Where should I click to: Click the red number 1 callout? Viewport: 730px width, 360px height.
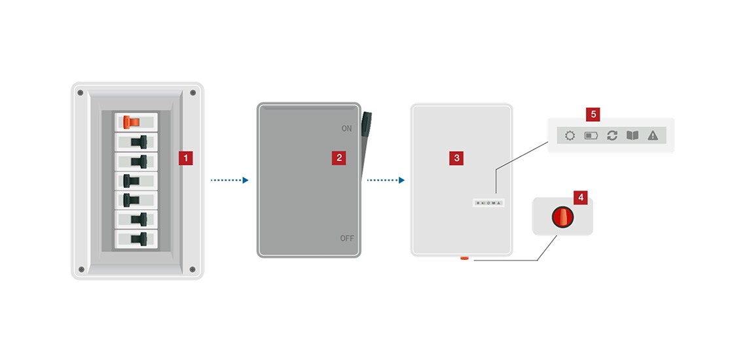(186, 158)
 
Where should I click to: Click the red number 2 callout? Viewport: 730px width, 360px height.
(338, 157)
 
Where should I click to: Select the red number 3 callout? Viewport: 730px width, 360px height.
(456, 157)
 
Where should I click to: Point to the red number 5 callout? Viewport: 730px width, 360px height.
(593, 115)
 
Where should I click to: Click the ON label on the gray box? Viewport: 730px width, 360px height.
(346, 129)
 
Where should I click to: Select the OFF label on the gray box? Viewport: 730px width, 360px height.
(346, 238)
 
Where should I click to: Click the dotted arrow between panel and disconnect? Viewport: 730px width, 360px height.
(229, 180)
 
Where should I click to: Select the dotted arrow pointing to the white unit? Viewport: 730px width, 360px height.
(386, 180)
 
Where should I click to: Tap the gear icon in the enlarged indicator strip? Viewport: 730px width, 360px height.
(570, 136)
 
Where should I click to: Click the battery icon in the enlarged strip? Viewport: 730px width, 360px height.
(591, 136)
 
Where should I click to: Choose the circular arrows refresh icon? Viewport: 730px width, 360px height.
(612, 136)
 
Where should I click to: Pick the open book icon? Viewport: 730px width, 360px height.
(632, 136)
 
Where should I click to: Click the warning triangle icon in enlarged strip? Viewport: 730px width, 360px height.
(653, 136)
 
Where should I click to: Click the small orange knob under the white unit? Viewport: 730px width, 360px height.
(464, 259)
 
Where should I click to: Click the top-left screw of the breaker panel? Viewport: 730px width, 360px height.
(81, 93)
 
